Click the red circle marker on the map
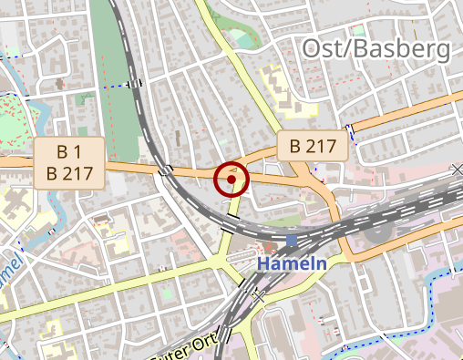tap(232, 180)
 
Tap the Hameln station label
tap(291, 263)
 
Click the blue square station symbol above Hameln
tap(291, 242)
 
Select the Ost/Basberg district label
tap(376, 49)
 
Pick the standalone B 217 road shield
tap(313, 144)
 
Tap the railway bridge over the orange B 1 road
tap(166, 170)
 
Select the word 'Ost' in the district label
tap(322, 49)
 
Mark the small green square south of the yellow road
tap(169, 293)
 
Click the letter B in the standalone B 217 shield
tap(295, 144)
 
